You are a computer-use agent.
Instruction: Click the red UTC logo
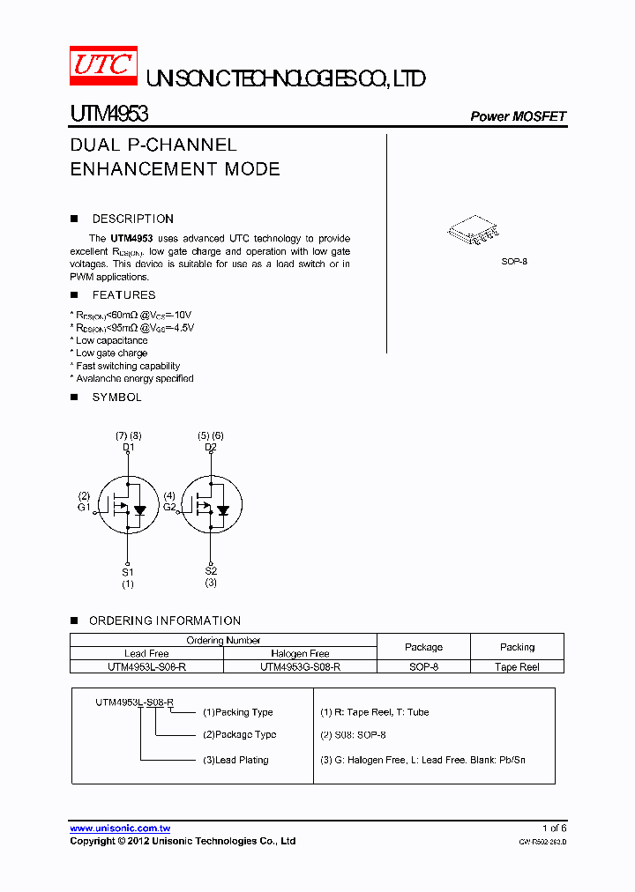click(103, 64)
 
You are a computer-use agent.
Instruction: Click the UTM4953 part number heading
click(109, 114)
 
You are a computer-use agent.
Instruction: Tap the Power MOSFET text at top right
click(518, 116)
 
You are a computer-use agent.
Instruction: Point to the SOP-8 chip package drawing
click(474, 231)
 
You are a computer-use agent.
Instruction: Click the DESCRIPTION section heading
click(132, 219)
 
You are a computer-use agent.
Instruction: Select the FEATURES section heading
click(123, 295)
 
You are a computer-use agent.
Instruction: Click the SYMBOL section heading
click(116, 398)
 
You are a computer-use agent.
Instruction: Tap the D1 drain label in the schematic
click(128, 447)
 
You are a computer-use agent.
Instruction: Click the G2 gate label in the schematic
click(169, 507)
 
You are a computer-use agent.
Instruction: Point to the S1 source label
click(128, 572)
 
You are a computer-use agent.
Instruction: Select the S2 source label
click(211, 571)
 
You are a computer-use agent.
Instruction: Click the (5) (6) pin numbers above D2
click(211, 435)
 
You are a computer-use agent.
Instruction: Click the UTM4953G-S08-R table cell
click(300, 667)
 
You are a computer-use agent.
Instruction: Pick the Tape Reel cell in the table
click(517, 667)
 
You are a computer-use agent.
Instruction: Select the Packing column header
click(517, 647)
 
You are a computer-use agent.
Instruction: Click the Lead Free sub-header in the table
click(146, 654)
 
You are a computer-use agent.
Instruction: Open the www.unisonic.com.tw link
click(120, 829)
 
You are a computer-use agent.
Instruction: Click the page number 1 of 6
click(555, 829)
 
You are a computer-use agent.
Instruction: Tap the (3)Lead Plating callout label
click(235, 760)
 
